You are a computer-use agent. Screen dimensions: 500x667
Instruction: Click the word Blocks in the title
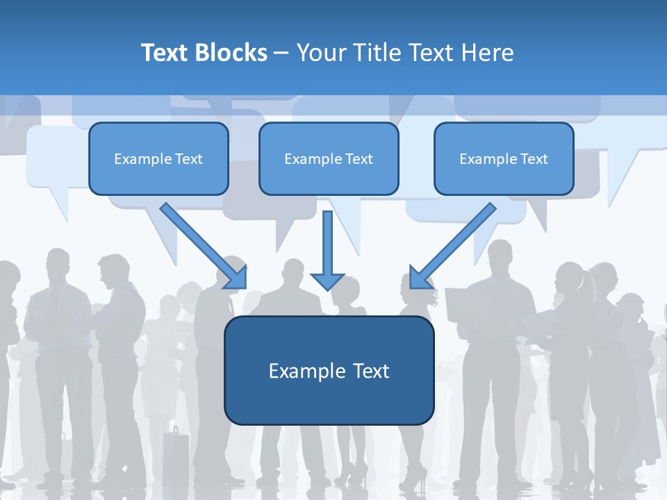pyautogui.click(x=233, y=53)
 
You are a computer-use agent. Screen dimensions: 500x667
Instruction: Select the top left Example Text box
pyautogui.click(x=158, y=159)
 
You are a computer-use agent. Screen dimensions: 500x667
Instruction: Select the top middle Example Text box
pyautogui.click(x=329, y=159)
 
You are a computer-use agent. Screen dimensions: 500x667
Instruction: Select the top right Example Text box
pyautogui.click(x=504, y=159)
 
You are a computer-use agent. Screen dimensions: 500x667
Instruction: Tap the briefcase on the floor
pyautogui.click(x=176, y=455)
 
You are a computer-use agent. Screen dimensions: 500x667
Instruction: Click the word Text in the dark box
pyautogui.click(x=368, y=371)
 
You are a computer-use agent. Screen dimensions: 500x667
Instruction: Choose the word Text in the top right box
pyautogui.click(x=534, y=159)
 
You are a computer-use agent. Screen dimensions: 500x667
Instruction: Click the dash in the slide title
pyautogui.click(x=281, y=53)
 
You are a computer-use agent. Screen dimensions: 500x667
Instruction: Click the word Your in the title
pyautogui.click(x=320, y=53)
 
